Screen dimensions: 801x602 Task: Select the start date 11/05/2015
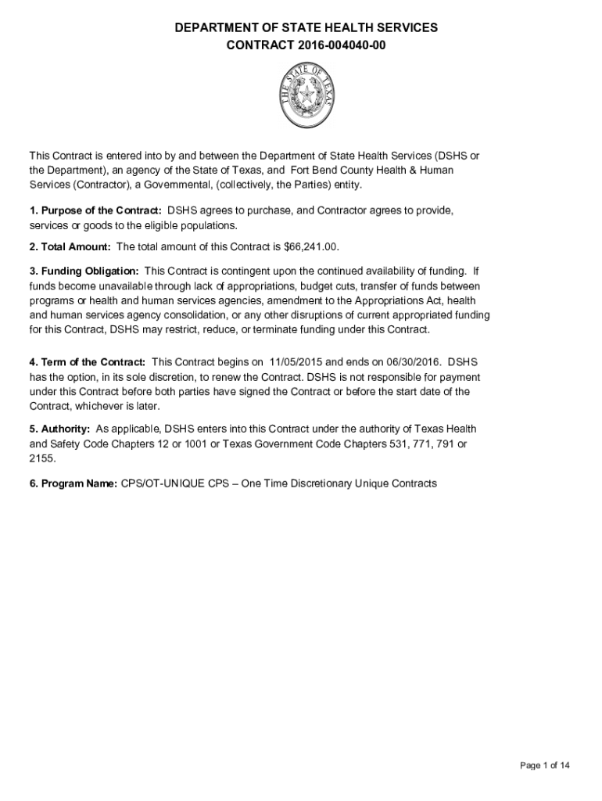point(296,362)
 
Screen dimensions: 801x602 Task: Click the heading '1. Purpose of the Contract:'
point(95,211)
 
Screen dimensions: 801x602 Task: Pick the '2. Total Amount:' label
point(70,247)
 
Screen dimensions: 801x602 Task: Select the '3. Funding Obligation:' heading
point(84,271)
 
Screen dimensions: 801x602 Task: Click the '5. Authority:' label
point(59,429)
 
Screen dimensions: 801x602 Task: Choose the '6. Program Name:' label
point(73,483)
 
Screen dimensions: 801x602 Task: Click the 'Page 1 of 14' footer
point(545,765)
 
